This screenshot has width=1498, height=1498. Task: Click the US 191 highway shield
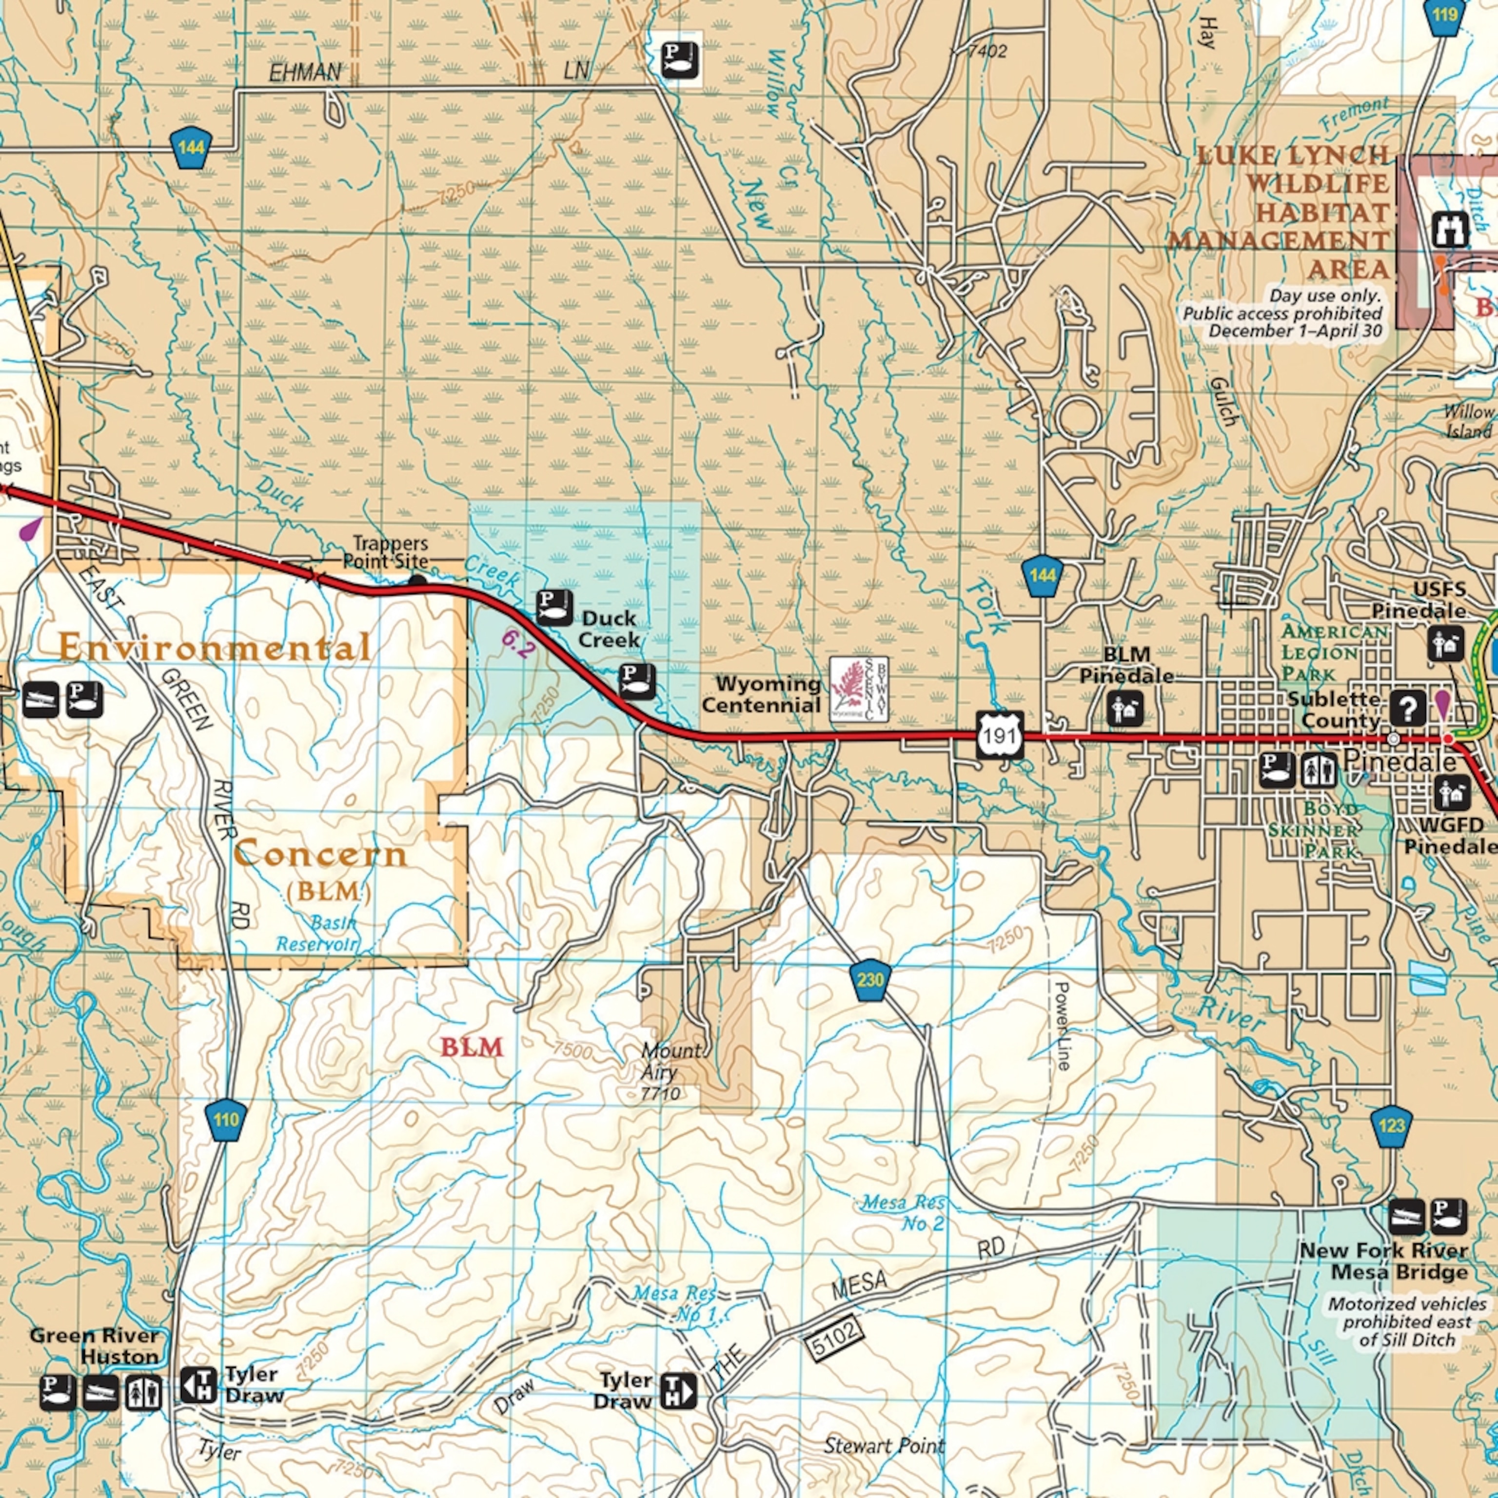pos(1000,734)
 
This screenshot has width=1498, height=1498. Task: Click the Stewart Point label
pos(884,1445)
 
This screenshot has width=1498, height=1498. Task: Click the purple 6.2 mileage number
pos(517,644)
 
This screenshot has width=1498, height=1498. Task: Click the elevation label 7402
pos(987,51)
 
